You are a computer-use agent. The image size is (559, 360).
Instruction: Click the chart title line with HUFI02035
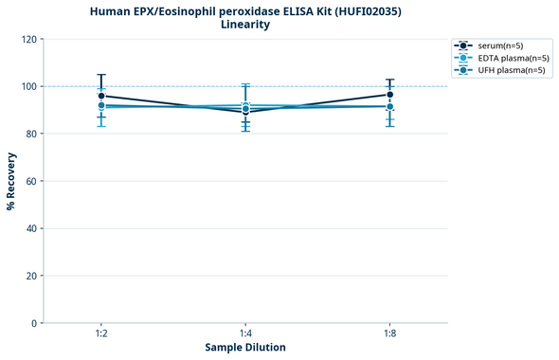(245, 10)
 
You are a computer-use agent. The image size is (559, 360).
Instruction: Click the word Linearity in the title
(245, 25)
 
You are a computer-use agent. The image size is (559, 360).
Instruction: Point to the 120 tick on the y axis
(28, 39)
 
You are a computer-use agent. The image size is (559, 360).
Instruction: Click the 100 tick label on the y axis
(28, 86)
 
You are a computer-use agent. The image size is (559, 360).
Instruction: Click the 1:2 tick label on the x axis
(101, 333)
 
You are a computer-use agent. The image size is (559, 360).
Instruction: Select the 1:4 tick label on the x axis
(245, 333)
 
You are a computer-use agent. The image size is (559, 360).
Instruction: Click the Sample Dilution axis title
(245, 348)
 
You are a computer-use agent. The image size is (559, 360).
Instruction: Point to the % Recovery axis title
(11, 181)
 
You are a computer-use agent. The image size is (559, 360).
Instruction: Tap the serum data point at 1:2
(101, 96)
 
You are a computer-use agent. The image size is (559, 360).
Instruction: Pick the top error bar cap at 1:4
(245, 84)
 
